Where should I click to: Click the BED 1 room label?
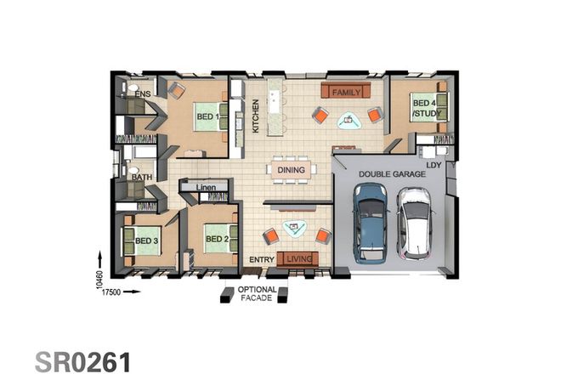208,117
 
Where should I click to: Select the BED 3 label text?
146,241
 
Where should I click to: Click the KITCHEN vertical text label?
255,116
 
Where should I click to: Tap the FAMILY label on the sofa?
347,91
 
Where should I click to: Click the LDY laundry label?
434,165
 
